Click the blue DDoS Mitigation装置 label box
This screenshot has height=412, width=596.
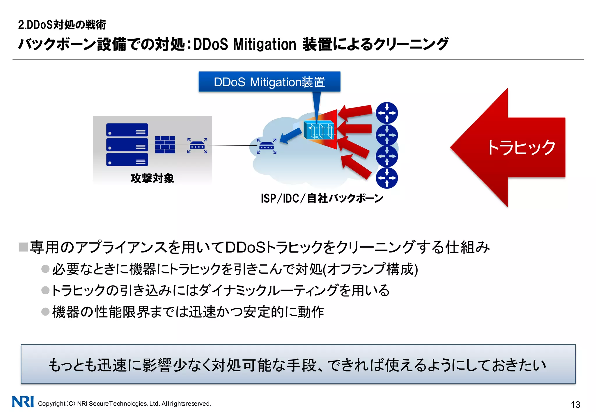pos(269,82)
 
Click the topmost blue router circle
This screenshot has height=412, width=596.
pos(387,113)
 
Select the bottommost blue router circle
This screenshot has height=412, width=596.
pos(387,178)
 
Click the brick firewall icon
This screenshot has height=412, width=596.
pos(165,144)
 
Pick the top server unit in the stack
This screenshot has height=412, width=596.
pos(127,130)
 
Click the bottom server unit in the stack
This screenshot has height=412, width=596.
pos(127,160)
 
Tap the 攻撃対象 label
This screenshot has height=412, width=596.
pos(152,178)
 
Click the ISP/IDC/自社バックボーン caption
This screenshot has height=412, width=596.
pos(322,199)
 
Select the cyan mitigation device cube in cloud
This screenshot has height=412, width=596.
pos(319,130)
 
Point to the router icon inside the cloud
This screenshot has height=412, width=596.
pos(266,146)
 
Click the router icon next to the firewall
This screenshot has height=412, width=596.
pos(197,145)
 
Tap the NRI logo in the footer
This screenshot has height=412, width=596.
pos(23,402)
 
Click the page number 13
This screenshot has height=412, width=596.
pos(575,404)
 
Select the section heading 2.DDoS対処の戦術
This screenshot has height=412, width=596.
pos(62,25)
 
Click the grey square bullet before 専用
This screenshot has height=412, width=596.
pos(23,247)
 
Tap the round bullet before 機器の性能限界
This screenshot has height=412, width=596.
pos(45,311)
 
